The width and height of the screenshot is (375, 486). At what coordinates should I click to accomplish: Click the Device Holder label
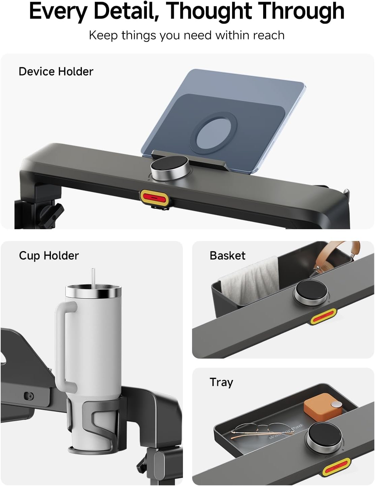tap(56, 72)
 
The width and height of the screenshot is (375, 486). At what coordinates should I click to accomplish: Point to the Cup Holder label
tap(49, 255)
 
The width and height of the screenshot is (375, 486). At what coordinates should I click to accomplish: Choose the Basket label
tap(227, 255)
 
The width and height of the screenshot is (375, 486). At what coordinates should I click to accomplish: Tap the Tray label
tap(221, 382)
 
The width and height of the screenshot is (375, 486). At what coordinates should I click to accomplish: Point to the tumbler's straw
tap(93, 277)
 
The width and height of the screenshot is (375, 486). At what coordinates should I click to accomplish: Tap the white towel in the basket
tap(250, 281)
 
